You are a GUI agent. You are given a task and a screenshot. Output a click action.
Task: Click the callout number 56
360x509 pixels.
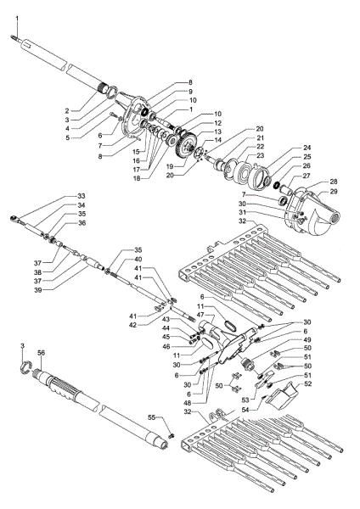point(40,351)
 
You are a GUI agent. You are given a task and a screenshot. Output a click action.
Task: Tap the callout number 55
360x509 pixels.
point(153,417)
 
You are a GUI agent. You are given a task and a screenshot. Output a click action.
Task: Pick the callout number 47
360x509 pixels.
point(200,314)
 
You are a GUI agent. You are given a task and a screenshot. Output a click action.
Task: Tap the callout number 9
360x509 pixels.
point(190,91)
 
